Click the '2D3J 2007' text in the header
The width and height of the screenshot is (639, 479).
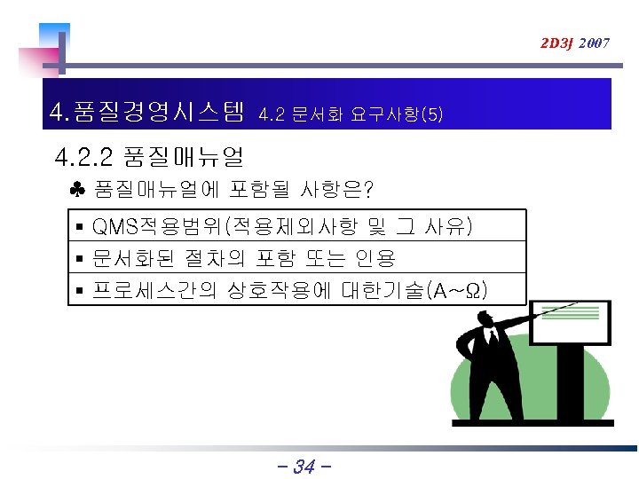pyautogui.click(x=575, y=43)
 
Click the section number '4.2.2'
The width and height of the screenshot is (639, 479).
pyautogui.click(x=83, y=159)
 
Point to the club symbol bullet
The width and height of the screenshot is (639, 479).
pyautogui.click(x=77, y=189)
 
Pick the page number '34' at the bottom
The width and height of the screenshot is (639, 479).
pyautogui.click(x=304, y=466)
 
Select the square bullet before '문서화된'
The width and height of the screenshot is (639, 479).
pyautogui.click(x=80, y=259)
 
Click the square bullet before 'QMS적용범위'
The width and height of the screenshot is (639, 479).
pyautogui.click(x=80, y=228)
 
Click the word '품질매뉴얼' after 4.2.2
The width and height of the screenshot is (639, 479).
pyautogui.click(x=184, y=159)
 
